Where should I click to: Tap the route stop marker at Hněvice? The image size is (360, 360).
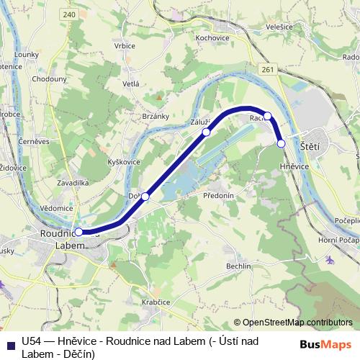click(281, 143)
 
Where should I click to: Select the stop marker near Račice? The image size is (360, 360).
click(267, 116)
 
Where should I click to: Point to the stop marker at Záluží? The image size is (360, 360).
click(206, 132)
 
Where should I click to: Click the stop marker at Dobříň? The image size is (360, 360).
click(145, 197)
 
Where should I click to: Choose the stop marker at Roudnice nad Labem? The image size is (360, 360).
click(78, 233)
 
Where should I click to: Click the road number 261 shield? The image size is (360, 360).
click(268, 69)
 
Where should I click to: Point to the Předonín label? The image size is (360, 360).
click(219, 195)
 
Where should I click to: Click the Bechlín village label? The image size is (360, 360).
click(238, 266)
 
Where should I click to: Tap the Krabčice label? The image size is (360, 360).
click(155, 303)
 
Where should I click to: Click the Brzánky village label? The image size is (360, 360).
click(155, 116)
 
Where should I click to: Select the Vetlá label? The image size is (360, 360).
click(130, 84)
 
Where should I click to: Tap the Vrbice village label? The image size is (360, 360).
click(124, 46)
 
